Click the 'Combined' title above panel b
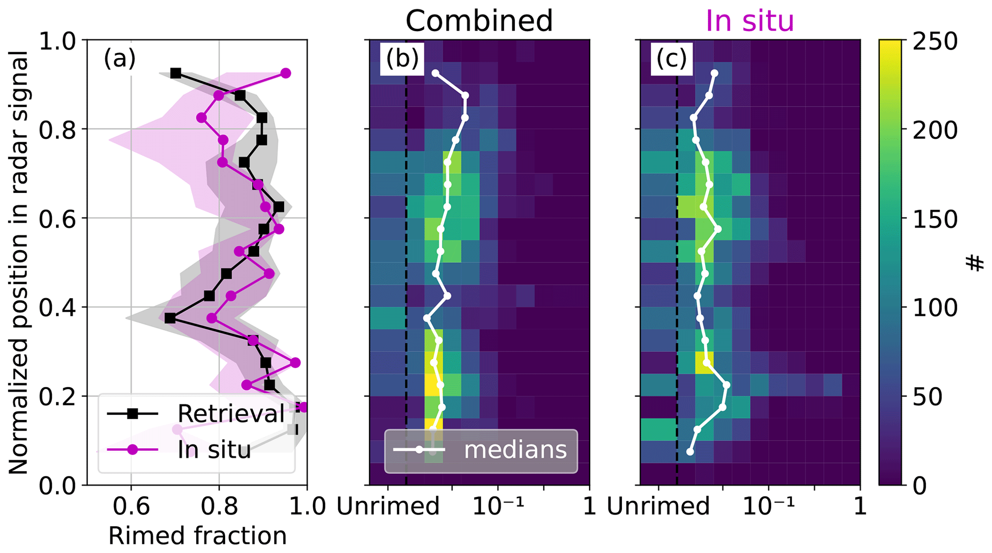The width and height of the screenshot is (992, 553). [479, 21]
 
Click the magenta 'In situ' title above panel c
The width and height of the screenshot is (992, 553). [749, 21]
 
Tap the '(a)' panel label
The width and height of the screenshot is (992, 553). [120, 59]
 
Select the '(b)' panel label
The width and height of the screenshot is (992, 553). [402, 59]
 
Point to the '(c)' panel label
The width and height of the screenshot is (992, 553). [671, 59]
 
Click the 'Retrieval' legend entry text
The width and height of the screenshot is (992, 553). [231, 413]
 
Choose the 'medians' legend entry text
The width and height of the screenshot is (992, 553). [515, 450]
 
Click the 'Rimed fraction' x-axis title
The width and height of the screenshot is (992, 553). [197, 536]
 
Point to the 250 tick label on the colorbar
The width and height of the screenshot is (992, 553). [935, 42]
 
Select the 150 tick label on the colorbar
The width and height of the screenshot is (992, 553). [935, 219]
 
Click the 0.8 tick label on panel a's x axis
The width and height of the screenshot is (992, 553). [219, 506]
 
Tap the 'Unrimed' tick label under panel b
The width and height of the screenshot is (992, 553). [388, 506]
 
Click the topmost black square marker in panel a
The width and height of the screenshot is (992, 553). [176, 73]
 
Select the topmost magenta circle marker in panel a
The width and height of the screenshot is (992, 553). [286, 73]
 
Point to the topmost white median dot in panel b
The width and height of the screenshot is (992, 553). [435, 73]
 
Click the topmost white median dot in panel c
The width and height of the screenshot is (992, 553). [715, 73]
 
